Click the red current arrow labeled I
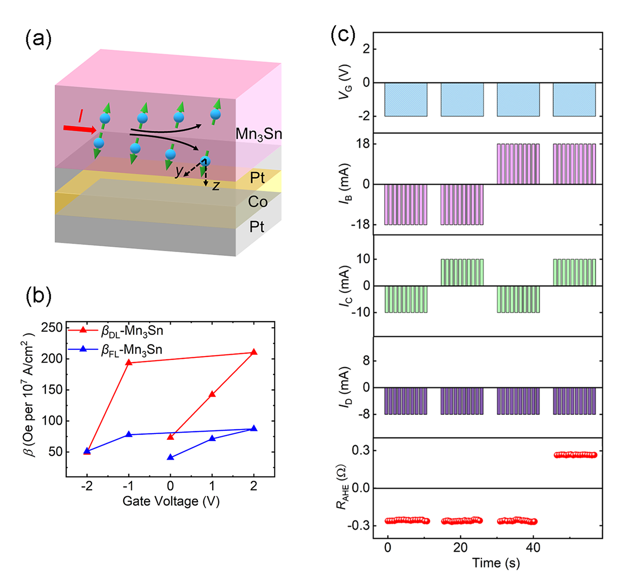point(80,128)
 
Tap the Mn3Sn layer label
point(258,134)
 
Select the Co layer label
point(257,202)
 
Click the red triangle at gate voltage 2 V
point(254,352)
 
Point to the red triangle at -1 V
point(128,362)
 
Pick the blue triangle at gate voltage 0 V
point(170,457)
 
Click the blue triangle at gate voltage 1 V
point(212,438)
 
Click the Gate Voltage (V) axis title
point(171,501)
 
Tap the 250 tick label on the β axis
point(52,328)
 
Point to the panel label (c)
point(343,35)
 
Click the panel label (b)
point(38,296)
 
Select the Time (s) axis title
point(496,563)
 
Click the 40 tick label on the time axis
point(533,547)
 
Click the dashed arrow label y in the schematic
point(179,172)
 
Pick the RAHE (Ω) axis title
point(343,487)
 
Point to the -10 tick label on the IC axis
point(359,312)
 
